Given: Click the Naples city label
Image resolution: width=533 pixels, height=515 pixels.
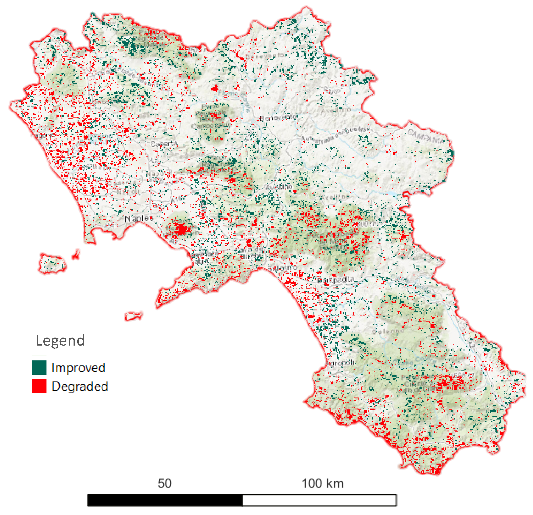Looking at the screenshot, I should [x=139, y=218].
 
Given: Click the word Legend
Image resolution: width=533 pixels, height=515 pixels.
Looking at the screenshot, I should [x=60, y=340].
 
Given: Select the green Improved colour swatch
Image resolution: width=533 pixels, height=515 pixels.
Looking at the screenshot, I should [x=39, y=367].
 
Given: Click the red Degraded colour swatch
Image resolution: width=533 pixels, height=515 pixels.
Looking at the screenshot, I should [x=39, y=386].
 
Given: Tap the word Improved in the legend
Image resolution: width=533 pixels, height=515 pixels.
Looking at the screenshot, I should [x=78, y=368].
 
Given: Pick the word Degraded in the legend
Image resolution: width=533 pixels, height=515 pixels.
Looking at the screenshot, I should [x=80, y=386].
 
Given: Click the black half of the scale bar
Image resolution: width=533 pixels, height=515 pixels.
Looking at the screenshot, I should [x=164, y=500].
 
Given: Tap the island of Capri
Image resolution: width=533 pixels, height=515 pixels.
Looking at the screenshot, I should [x=133, y=316].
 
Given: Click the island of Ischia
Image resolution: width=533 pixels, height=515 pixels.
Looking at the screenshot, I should [x=52, y=263].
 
